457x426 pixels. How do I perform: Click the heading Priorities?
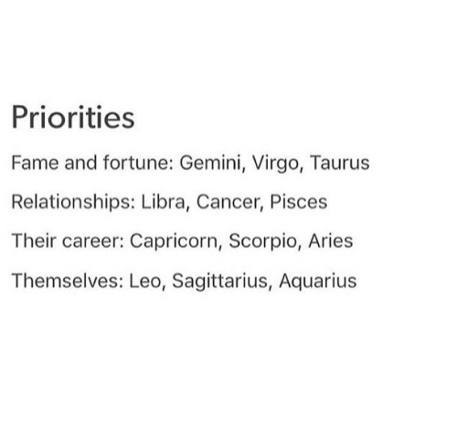point(73,117)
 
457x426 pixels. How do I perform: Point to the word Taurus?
point(340,163)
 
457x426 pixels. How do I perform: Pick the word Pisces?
point(299,202)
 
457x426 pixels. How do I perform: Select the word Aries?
point(331,241)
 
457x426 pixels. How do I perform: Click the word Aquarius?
point(317,282)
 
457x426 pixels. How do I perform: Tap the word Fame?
point(35,163)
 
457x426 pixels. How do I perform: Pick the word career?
point(93,241)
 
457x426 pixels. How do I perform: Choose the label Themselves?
point(68,281)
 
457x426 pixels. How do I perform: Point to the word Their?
point(34,240)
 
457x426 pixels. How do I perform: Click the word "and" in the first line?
point(80,163)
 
